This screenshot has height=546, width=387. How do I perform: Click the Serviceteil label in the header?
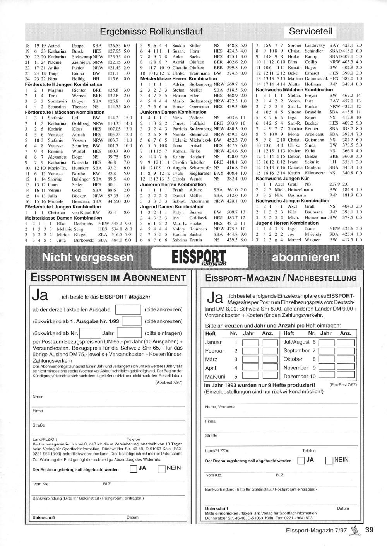(x=310, y=31)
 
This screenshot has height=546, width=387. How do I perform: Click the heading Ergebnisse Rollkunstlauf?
(x=151, y=31)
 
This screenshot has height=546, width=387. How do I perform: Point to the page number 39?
(x=369, y=530)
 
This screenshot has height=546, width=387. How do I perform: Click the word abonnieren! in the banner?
(x=306, y=258)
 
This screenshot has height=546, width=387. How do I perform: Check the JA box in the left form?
(x=133, y=469)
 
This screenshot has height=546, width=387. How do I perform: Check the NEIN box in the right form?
(x=329, y=460)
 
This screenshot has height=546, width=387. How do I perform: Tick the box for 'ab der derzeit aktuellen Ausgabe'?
(x=128, y=309)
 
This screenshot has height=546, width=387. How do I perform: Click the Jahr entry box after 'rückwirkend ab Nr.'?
(x=129, y=333)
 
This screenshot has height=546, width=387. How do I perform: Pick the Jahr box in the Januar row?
(x=250, y=342)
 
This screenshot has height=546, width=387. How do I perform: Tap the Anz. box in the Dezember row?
(x=347, y=376)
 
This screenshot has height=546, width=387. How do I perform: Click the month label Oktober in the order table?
(x=293, y=359)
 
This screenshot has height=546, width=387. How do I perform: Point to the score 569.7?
(x=232, y=84)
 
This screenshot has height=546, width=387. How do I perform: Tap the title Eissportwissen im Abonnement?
(x=108, y=278)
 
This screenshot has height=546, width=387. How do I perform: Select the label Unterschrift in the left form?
(x=44, y=517)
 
